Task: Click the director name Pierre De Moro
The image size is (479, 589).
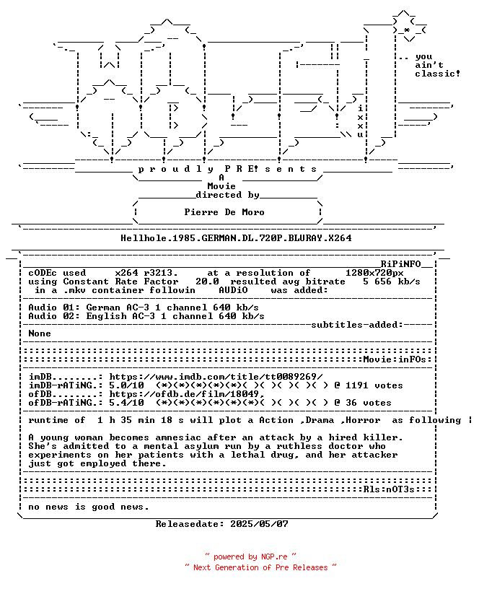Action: [x=224, y=212]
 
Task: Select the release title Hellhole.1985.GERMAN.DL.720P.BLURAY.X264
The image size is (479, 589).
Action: [x=236, y=238]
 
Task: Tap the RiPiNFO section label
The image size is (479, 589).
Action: [x=400, y=264]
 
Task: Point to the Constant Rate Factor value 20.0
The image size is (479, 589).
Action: [x=207, y=282]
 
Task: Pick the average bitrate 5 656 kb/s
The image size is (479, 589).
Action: [x=392, y=282]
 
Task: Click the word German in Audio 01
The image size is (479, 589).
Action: [x=103, y=307]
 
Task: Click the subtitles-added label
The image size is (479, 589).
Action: [x=357, y=325]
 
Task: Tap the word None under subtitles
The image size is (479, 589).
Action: [x=40, y=333]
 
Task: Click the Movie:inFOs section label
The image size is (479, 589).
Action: [x=395, y=359]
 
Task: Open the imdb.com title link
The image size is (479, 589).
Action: [x=216, y=377]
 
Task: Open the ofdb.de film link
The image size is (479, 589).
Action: [x=187, y=394]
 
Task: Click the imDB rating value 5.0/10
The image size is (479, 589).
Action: [x=126, y=385]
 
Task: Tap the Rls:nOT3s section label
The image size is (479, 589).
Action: [x=389, y=489]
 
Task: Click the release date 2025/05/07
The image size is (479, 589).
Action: [x=259, y=524]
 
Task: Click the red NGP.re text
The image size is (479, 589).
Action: [x=274, y=557]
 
